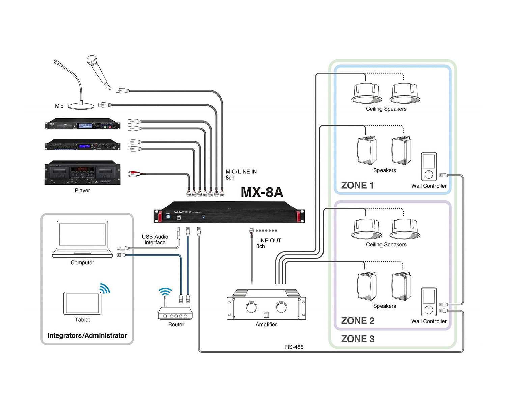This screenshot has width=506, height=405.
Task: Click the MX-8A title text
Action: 262,192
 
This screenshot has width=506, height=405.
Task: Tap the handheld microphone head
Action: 92,61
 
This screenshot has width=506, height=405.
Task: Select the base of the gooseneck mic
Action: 81,106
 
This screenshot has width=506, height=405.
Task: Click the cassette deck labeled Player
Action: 82,172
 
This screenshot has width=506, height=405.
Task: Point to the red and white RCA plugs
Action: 132,174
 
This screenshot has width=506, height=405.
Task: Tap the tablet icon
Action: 82,303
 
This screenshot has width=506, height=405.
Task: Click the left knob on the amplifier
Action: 251,307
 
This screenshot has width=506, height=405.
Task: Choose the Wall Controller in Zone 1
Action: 429,167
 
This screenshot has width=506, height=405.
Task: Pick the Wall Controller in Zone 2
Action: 429,302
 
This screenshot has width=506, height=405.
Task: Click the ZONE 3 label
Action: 358,339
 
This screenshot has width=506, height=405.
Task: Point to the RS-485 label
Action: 294,347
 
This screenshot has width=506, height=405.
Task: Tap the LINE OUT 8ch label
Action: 268,243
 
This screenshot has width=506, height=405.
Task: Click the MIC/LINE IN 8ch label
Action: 241,174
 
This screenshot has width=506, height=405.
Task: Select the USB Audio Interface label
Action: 155,240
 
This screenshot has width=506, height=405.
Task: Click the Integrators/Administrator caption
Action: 87,335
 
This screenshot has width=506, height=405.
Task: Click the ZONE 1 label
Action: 357,185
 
